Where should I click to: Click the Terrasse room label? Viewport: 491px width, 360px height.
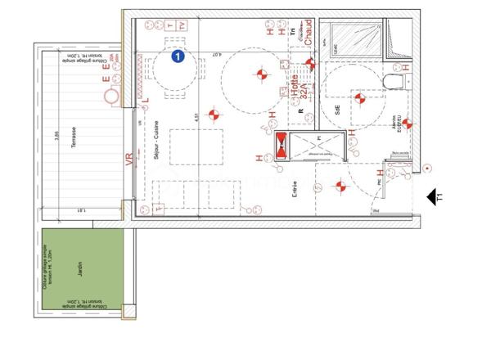click(74, 138)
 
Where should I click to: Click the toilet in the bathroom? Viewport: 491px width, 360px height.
click(393, 79)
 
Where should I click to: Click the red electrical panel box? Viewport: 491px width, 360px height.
click(281, 143)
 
